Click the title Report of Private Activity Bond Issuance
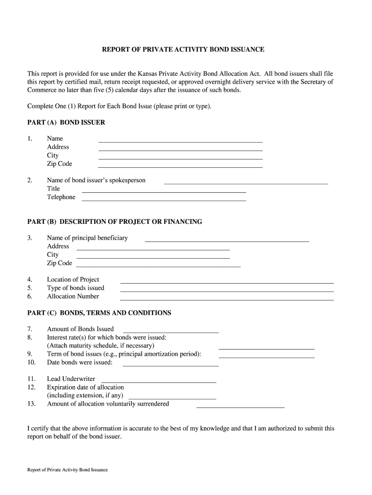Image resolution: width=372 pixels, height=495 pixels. click(x=183, y=50)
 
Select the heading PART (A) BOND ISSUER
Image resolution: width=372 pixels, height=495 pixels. click(x=66, y=122)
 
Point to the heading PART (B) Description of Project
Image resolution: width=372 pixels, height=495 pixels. click(x=114, y=222)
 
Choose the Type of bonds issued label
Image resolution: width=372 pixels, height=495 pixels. click(x=75, y=288)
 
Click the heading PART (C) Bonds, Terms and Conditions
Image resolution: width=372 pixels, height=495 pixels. click(x=99, y=313)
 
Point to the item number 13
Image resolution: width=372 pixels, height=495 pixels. click(x=31, y=404)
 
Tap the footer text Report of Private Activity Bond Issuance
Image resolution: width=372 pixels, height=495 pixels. click(x=68, y=470)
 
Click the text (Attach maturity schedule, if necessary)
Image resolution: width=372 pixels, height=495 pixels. click(x=100, y=346)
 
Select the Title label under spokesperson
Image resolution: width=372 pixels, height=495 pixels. click(x=53, y=189)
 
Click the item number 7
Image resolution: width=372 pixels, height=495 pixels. click(x=30, y=329)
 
